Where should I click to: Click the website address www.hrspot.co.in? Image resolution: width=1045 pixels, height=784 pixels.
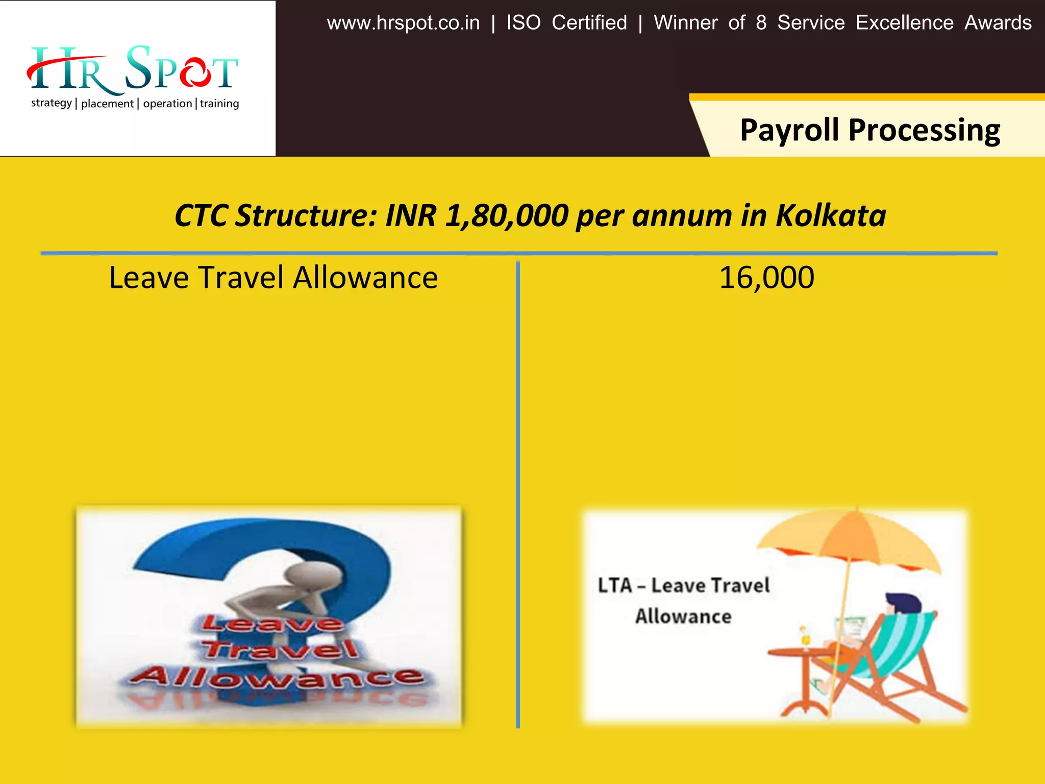point(403,23)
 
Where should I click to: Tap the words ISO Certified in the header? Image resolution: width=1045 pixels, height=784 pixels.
point(566,23)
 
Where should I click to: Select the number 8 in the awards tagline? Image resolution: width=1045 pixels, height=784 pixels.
point(761,23)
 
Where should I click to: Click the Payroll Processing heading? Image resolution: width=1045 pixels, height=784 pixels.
point(869,130)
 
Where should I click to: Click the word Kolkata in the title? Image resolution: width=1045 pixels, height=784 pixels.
point(831,215)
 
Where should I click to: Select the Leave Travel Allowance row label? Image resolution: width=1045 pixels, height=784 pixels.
point(273,278)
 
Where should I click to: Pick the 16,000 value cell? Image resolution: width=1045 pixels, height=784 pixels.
point(766,278)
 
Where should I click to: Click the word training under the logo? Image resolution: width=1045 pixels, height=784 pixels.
point(219,104)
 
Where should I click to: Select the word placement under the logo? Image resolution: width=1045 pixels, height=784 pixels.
point(107,104)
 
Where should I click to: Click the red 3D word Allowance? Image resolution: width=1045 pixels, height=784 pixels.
point(276,676)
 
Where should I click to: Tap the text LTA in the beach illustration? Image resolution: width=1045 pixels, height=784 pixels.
point(615,585)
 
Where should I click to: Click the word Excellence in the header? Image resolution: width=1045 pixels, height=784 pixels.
point(904,23)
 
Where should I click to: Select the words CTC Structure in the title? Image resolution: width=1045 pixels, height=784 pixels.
point(276,215)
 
